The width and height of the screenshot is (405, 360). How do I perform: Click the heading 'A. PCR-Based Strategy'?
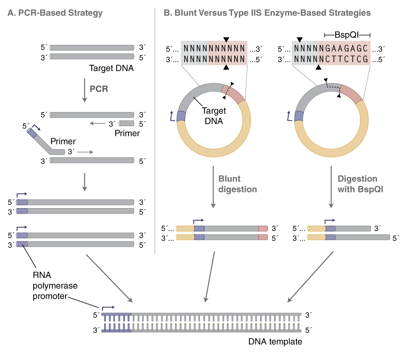click(x=55, y=13)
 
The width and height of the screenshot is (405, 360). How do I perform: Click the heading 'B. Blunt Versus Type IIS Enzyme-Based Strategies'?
click(x=267, y=13)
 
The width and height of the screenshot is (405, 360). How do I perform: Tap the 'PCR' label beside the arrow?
click(x=99, y=89)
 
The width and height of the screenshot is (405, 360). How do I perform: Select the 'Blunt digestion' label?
click(x=237, y=184)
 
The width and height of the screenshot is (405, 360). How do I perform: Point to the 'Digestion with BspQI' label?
click(x=357, y=184)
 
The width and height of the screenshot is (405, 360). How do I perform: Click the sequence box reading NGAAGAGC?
click(x=331, y=53)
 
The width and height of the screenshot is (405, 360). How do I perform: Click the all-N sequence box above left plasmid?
click(x=214, y=53)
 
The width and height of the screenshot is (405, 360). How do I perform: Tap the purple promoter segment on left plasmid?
click(x=181, y=116)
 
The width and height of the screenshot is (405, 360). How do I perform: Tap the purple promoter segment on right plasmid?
click(x=299, y=116)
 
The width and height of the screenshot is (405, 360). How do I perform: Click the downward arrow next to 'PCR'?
click(x=84, y=90)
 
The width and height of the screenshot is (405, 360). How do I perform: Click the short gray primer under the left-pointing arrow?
click(x=127, y=123)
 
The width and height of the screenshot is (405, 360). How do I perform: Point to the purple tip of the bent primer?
click(x=32, y=133)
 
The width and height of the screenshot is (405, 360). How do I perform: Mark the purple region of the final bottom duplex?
click(x=116, y=322)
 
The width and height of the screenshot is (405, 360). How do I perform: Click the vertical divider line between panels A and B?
click(x=155, y=129)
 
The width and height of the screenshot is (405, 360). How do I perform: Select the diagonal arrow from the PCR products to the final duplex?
click(x=109, y=278)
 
